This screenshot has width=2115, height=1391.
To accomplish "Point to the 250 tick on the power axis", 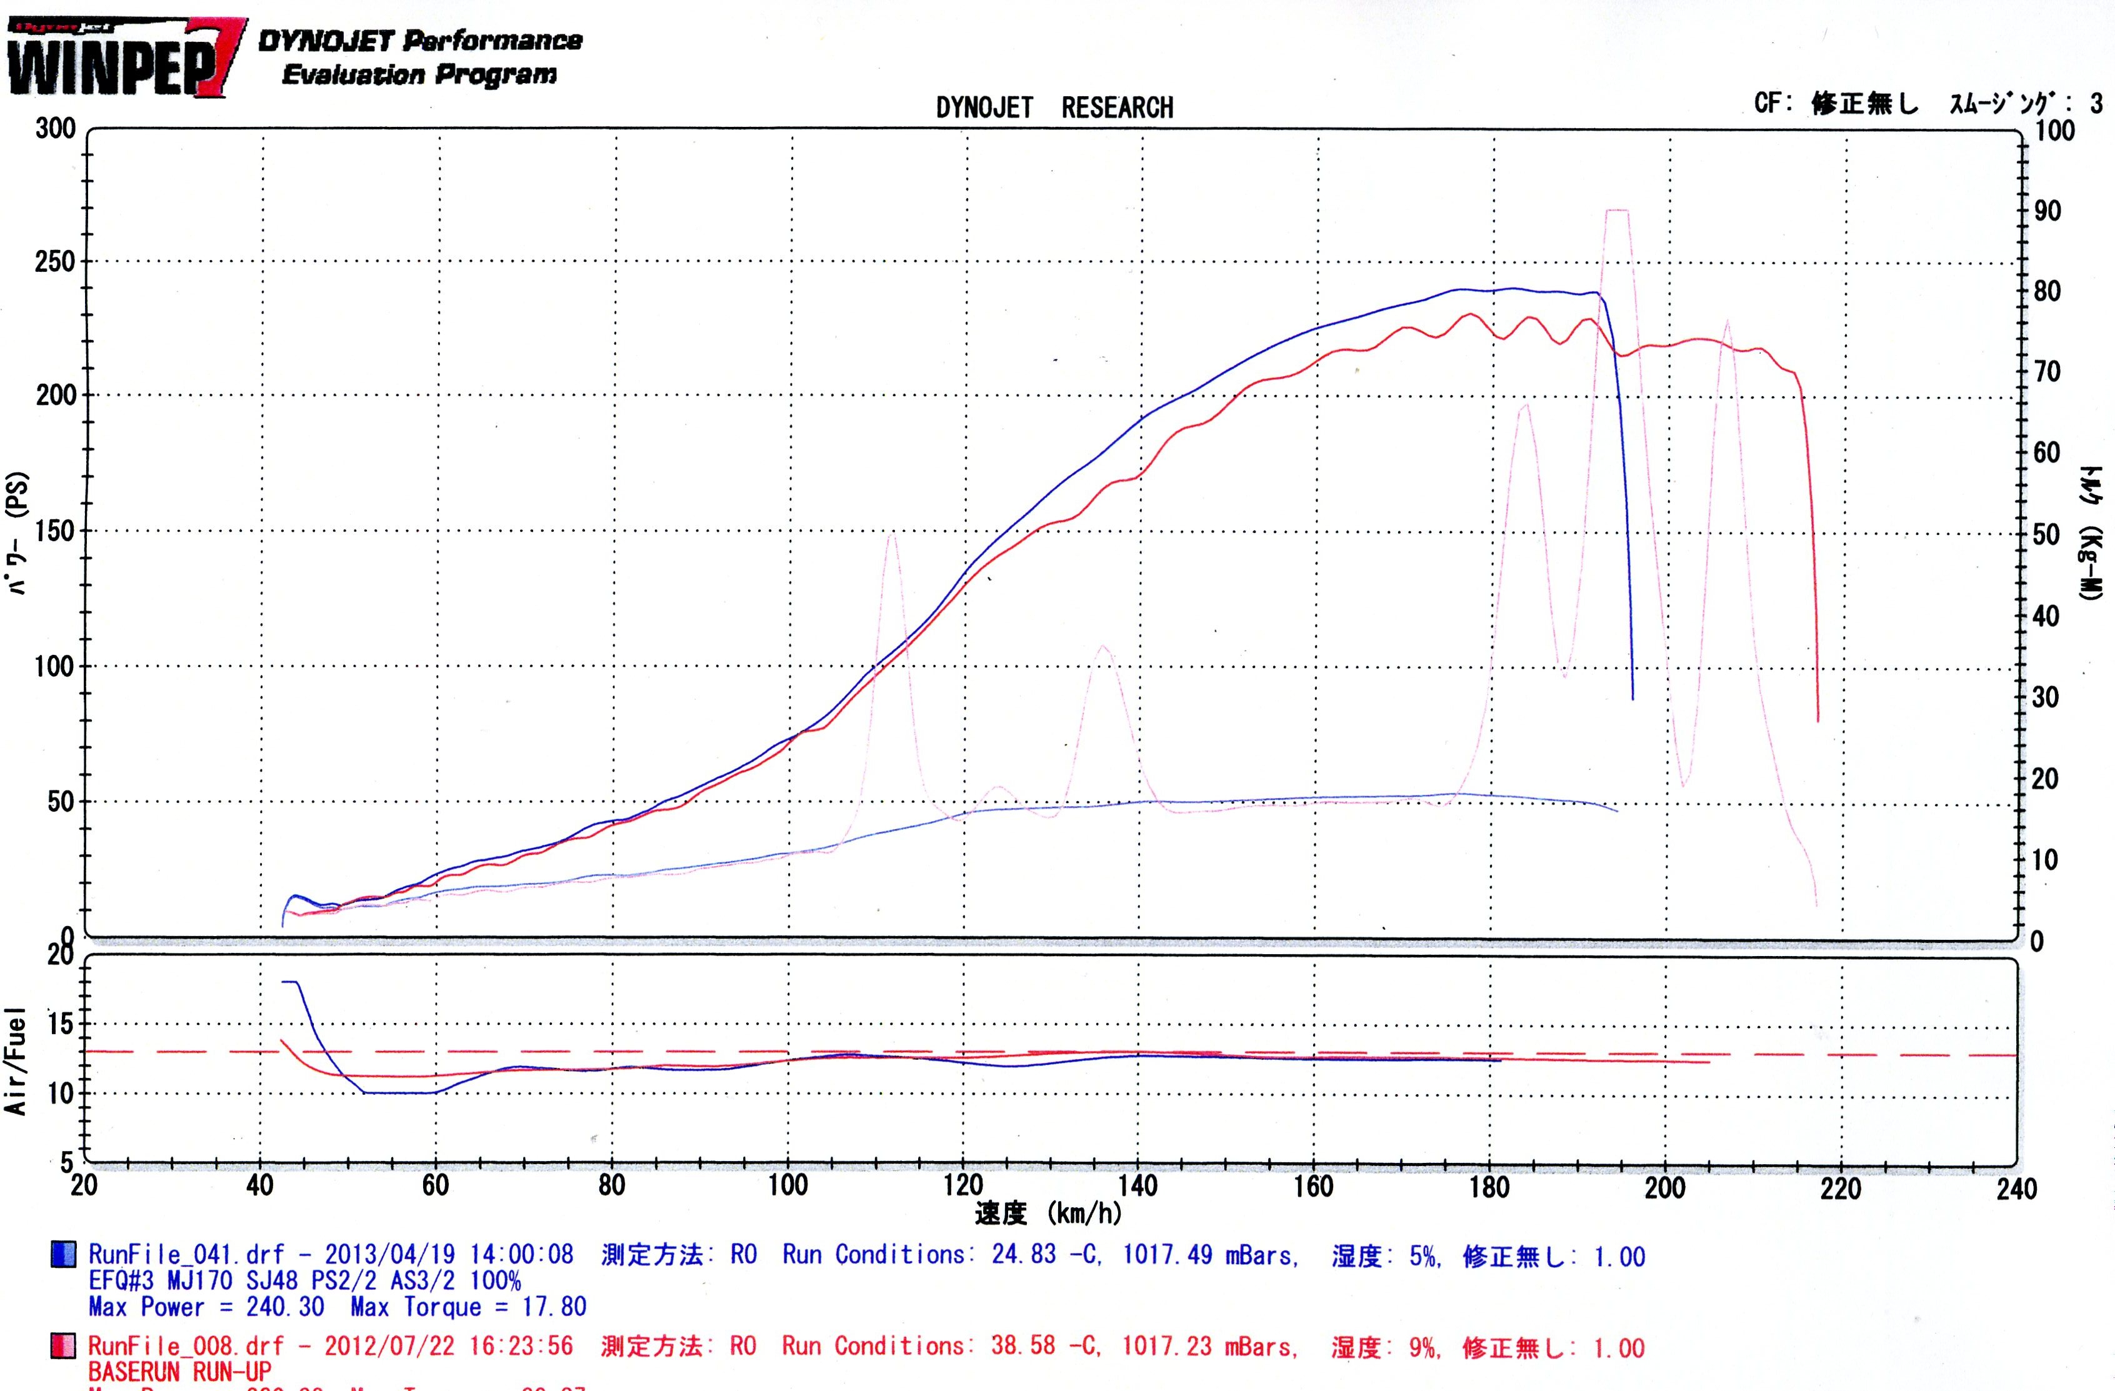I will coord(55,262).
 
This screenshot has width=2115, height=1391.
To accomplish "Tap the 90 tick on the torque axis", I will coord(2047,211).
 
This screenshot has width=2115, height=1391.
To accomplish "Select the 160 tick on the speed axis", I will coord(1313,1187).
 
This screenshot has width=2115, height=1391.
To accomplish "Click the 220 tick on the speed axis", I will coord(1839,1187).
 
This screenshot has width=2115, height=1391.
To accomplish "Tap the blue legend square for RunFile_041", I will coord(63,1254).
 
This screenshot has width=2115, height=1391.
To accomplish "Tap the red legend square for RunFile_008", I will coord(63,1347).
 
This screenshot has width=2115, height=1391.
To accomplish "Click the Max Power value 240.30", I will coord(284,1307).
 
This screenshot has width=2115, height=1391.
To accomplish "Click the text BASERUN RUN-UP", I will coord(179,1372).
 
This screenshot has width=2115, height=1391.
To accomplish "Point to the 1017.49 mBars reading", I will coord(1209,1255).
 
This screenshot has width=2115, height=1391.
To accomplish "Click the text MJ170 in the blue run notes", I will coord(200,1281).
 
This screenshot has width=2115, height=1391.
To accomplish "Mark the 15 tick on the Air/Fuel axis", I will coord(61,1024).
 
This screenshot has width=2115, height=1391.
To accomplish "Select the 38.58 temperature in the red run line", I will coord(1023,1346).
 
